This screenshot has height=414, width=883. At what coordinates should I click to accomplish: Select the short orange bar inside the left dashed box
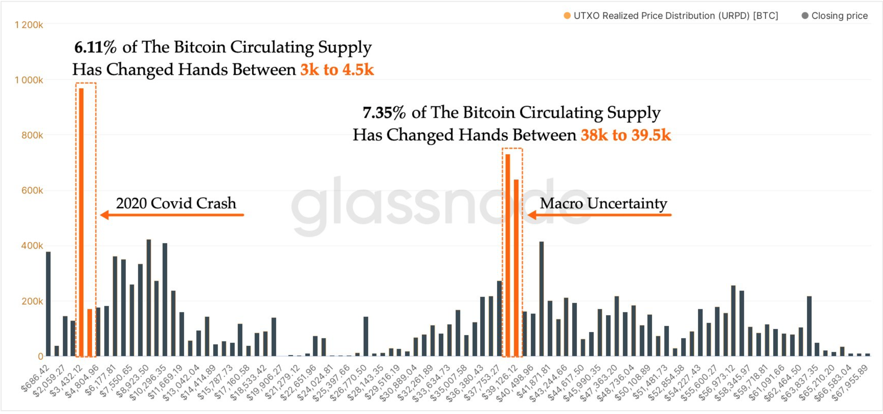point(90,333)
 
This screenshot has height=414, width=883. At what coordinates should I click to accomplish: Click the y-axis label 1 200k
point(29,25)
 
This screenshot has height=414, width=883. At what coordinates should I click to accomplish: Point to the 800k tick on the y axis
point(32,135)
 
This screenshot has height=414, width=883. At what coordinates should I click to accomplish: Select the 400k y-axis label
point(32,246)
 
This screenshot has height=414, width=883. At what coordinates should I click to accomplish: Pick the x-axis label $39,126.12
point(499,382)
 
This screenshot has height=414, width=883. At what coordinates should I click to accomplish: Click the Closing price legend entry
point(835,16)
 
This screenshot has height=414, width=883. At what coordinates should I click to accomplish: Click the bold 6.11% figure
point(95,47)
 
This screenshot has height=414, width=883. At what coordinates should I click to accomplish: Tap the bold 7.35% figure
point(384,113)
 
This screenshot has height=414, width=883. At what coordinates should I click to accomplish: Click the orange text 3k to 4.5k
point(336,69)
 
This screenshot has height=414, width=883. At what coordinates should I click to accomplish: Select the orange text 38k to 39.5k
point(625,135)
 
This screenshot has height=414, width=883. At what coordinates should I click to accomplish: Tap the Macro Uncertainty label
point(603,203)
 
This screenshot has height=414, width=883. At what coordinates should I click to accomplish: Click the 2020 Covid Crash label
point(176,203)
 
